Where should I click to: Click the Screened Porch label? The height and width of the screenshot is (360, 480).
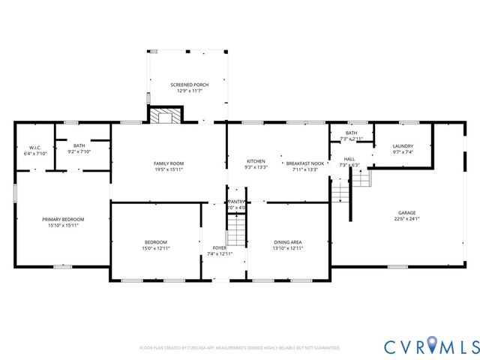tap(189, 85)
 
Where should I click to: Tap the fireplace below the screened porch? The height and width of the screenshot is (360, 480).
tap(165, 115)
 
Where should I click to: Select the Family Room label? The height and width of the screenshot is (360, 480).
tap(169, 163)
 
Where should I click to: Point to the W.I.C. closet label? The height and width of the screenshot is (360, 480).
tap(35, 147)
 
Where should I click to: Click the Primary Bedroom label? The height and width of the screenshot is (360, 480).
tap(63, 219)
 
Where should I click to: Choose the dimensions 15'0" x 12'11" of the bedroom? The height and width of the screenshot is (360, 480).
tap(156, 247)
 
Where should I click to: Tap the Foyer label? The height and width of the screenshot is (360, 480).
tap(220, 247)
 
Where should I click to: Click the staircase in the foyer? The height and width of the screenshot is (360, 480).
tap(236, 228)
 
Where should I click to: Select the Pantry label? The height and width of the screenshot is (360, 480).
tap(237, 202)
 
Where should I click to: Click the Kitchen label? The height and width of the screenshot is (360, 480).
tap(256, 161)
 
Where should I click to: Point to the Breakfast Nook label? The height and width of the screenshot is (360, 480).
tap(305, 163)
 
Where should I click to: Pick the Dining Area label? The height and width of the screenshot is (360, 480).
tap(288, 241)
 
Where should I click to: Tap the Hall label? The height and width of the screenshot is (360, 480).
tap(349, 159)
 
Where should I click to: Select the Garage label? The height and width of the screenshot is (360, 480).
tap(406, 213)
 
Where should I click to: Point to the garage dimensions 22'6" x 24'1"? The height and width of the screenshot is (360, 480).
tap(406, 219)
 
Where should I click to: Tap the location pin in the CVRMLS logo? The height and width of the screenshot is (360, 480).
tap(434, 346)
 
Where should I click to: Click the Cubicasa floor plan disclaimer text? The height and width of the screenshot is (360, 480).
tap(240, 348)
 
